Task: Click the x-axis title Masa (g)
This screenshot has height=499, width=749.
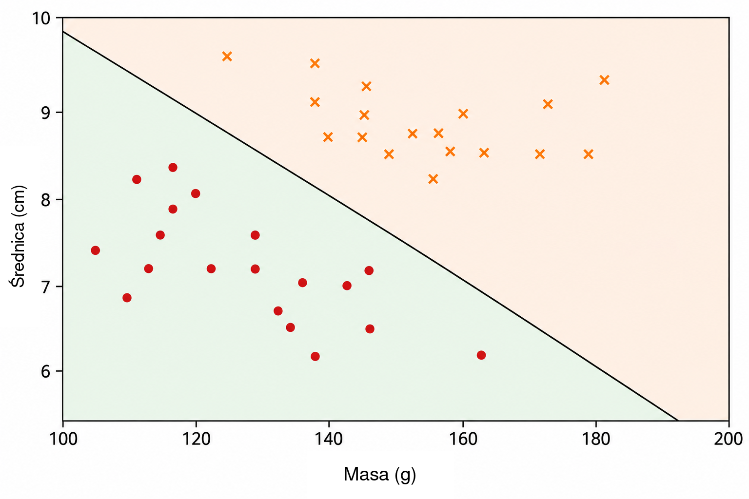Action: [380, 475]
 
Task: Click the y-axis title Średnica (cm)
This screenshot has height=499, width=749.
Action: [18, 236]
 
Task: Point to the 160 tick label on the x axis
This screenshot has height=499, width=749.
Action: [463, 439]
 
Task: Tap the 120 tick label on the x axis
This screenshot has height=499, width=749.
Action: [196, 439]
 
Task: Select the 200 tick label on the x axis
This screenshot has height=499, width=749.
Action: [728, 439]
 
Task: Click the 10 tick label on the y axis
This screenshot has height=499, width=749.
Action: [41, 19]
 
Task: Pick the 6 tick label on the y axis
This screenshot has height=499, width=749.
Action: [46, 371]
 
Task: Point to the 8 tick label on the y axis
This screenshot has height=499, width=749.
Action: [46, 200]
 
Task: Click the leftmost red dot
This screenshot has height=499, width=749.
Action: [95, 250]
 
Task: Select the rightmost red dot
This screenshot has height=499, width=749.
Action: [481, 355]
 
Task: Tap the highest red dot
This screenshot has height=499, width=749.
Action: [173, 168]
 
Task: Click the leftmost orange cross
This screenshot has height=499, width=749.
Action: [227, 57]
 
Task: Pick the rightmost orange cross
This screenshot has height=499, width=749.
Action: [604, 80]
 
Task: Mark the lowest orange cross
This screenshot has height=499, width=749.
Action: [433, 179]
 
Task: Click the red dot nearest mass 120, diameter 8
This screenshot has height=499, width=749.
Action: [196, 193]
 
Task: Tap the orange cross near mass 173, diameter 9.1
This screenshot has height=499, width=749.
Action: [548, 104]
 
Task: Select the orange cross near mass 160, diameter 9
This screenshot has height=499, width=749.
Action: [463, 114]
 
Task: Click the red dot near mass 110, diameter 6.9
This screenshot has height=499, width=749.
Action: [127, 298]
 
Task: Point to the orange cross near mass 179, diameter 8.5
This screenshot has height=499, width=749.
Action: [589, 154]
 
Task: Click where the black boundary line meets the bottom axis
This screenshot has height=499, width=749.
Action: [678, 421]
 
